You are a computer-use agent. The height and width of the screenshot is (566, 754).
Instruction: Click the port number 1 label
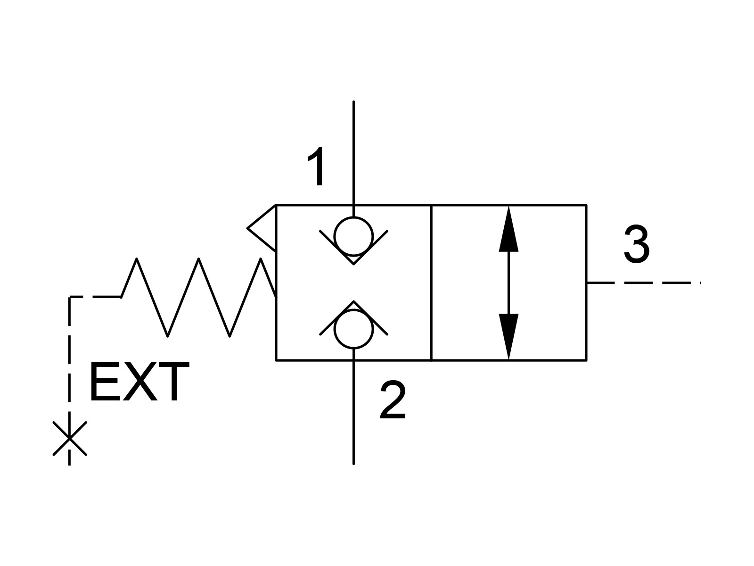click(317, 166)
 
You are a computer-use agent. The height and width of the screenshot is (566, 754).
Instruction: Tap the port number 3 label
click(637, 244)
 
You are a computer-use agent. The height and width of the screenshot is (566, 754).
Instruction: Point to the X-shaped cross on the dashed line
click(69, 439)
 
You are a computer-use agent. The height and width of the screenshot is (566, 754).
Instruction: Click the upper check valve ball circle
click(353, 237)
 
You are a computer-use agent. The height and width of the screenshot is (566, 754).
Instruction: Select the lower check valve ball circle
click(353, 329)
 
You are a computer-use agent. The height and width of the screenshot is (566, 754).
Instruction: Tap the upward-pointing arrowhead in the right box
click(508, 230)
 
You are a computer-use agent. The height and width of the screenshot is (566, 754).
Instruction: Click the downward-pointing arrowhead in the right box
click(508, 336)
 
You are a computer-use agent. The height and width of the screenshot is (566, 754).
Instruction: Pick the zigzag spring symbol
click(198, 297)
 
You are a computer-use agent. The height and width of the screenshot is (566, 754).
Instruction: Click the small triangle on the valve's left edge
click(262, 228)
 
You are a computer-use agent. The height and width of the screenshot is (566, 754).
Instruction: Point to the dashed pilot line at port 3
click(644, 283)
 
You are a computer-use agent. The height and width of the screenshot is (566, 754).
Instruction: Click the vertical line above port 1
click(353, 159)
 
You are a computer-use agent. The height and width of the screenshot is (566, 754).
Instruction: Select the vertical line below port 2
click(353, 407)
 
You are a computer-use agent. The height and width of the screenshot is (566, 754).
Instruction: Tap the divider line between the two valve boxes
click(431, 283)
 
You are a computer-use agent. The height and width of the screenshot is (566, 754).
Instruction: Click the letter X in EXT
click(140, 382)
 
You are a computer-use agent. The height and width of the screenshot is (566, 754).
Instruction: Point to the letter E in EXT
click(105, 382)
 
